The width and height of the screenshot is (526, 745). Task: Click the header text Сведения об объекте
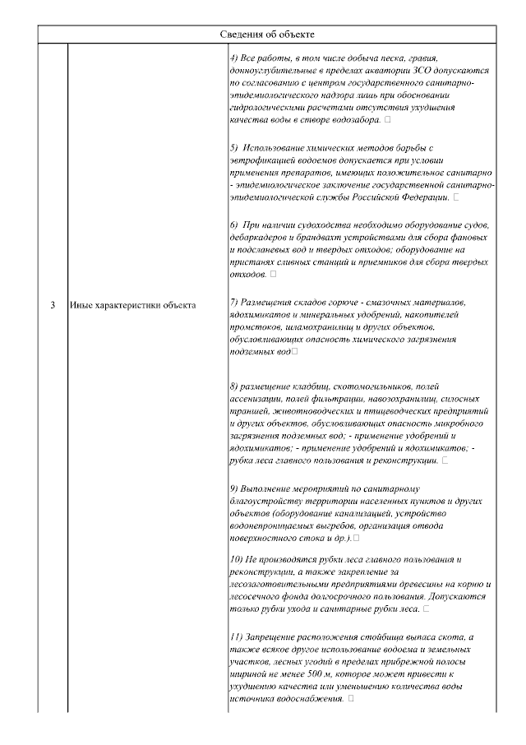(267, 34)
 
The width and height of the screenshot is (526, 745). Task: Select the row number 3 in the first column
(53, 306)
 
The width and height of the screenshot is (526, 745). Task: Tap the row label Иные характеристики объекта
(132, 306)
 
